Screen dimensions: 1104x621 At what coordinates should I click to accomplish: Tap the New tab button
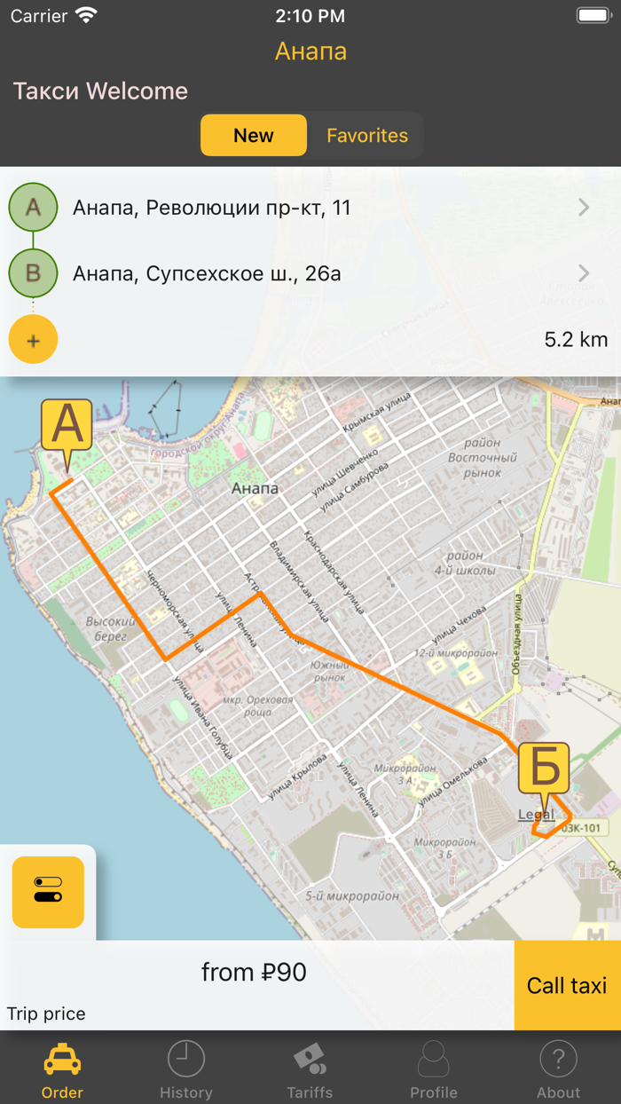click(254, 136)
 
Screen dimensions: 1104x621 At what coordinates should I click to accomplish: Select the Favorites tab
click(367, 136)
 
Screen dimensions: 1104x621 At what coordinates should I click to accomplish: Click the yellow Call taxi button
click(567, 985)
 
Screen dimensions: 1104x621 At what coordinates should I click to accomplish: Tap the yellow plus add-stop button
click(33, 340)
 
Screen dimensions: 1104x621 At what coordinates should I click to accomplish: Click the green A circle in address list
click(33, 208)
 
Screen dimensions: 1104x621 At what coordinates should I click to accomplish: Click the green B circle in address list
click(33, 273)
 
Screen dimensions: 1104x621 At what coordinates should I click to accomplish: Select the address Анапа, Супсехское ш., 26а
click(207, 273)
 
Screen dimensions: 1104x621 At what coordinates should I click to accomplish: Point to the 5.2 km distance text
click(576, 340)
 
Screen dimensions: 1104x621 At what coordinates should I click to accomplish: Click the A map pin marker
click(67, 427)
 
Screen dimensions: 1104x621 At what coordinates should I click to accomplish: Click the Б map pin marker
click(543, 769)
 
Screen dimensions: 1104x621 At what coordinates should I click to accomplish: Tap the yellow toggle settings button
click(48, 892)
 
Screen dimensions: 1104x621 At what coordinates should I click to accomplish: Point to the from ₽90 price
click(254, 973)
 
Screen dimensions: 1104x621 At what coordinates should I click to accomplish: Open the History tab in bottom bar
click(186, 1070)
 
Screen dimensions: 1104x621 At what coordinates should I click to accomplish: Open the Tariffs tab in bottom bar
click(310, 1070)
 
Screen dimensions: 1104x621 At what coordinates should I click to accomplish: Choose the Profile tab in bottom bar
click(434, 1070)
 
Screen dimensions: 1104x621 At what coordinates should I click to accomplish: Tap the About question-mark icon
click(558, 1060)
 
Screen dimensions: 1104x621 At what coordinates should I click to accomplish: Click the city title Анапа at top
click(310, 51)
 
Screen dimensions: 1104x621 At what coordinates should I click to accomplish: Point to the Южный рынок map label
click(328, 671)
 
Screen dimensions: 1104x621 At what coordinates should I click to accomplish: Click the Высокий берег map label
click(111, 628)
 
